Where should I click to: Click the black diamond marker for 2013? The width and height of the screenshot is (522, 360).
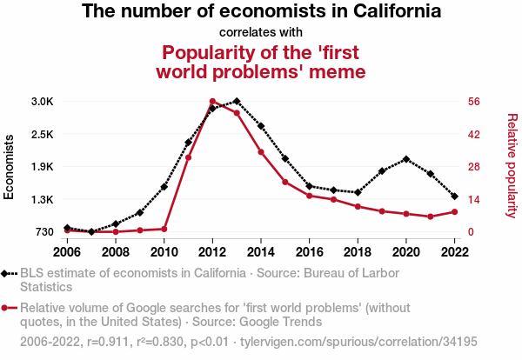click(x=237, y=102)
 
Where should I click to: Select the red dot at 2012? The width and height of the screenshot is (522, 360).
click(x=212, y=102)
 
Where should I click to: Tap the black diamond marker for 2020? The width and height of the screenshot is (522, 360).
click(x=406, y=159)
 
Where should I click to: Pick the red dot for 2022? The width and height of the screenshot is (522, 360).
click(x=455, y=211)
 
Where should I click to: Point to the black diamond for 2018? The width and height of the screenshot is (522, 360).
click(x=358, y=192)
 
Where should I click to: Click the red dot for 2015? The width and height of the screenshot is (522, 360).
click(x=285, y=182)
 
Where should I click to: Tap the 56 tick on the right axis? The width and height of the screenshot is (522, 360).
click(x=475, y=102)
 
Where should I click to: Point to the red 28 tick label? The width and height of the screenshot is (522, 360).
click(x=475, y=167)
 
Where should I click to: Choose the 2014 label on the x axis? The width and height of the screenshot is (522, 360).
click(x=261, y=252)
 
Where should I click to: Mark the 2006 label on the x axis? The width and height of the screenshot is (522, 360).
click(x=67, y=252)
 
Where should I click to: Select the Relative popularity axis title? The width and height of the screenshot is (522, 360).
click(x=512, y=165)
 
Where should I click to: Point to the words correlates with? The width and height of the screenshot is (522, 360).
click(x=260, y=33)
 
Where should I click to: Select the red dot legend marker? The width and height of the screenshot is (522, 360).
click(x=6, y=308)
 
